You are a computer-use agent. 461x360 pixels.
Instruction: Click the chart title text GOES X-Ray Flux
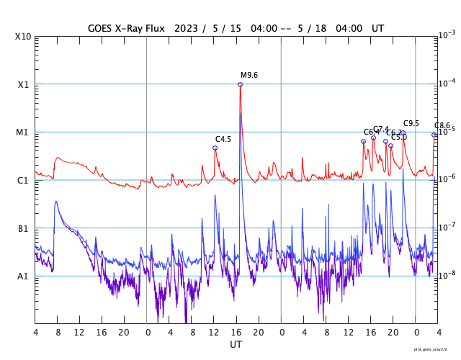pos(125,28)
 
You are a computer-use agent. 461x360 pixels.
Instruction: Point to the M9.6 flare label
pos(249,75)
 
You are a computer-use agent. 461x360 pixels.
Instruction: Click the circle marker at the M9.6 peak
pos(240,84)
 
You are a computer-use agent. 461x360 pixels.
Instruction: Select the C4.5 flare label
pos(223,139)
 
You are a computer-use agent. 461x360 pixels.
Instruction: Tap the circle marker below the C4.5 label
pos(215,148)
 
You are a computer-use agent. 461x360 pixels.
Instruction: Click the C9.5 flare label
pos(411,123)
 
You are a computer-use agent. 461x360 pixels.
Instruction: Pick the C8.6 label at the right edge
pos(442,125)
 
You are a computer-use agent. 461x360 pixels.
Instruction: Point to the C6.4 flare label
pos(371,132)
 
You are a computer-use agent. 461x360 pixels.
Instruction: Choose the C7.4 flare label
pos(381,129)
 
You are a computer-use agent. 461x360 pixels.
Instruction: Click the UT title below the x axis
pos(236,344)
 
